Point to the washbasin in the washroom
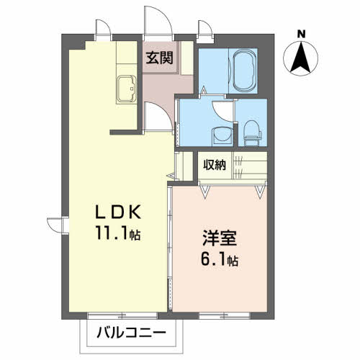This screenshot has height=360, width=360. click(x=220, y=135)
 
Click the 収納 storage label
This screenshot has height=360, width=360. click(x=214, y=165)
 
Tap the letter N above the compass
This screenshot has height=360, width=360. click(x=301, y=33)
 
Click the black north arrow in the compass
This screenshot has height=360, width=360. click(x=301, y=57)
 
